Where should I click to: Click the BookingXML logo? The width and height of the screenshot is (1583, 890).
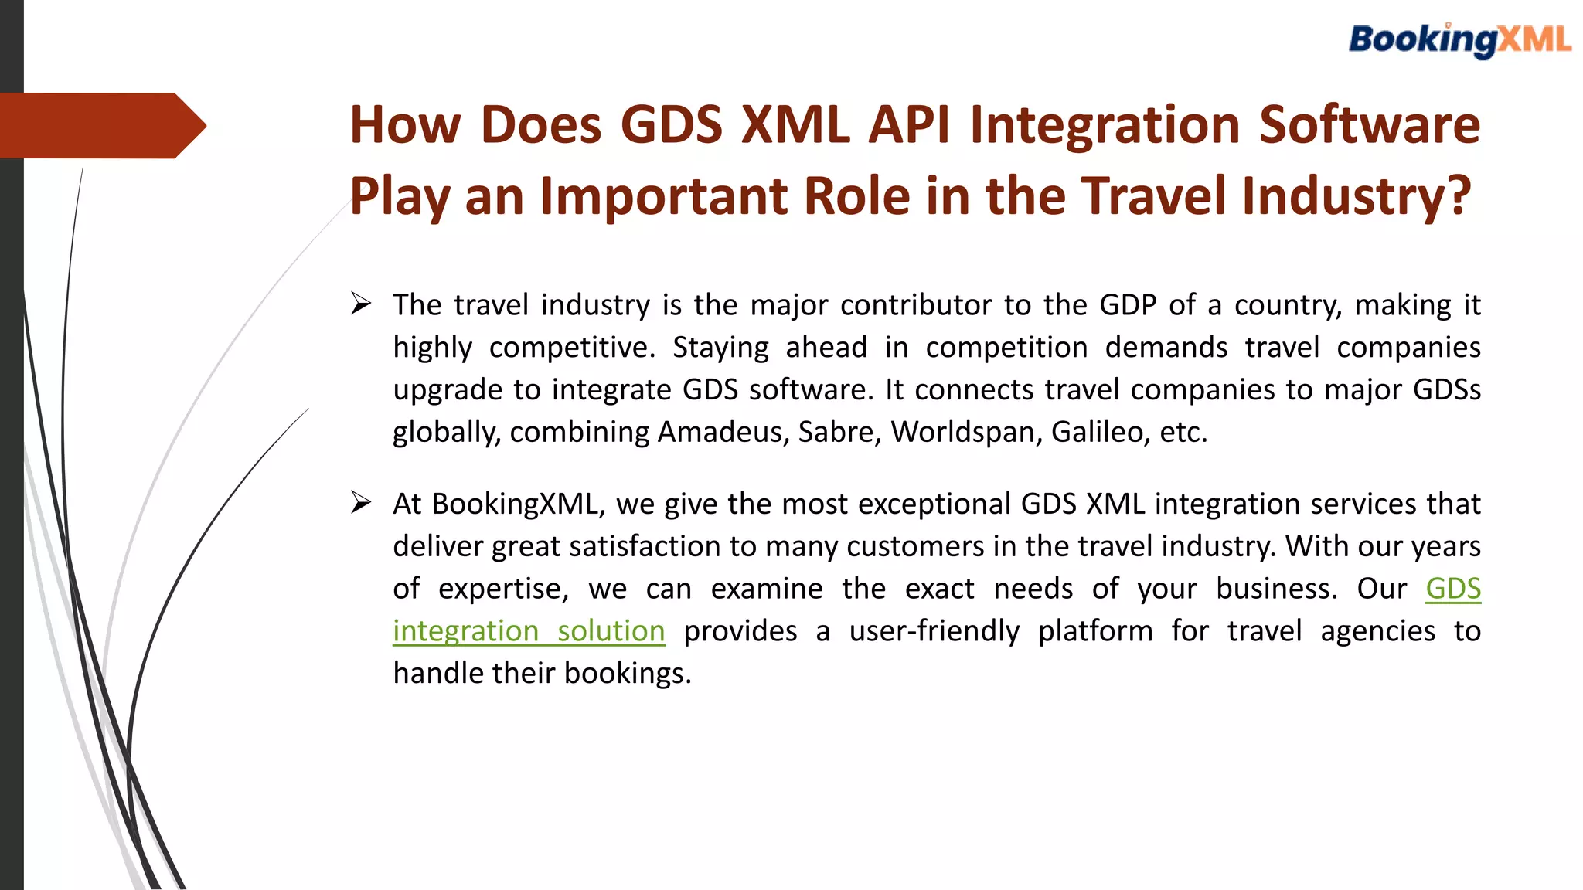click(1459, 40)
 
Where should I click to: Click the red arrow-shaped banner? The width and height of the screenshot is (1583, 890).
click(100, 125)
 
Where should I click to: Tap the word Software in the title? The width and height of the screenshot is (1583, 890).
click(1369, 124)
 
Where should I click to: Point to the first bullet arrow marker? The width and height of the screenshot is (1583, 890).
click(360, 304)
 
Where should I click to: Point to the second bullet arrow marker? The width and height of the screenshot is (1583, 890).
click(360, 503)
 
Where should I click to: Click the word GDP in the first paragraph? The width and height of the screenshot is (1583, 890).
click(1128, 305)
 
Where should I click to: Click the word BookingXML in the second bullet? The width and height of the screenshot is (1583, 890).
click(518, 504)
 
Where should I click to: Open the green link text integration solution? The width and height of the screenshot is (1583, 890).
click(529, 631)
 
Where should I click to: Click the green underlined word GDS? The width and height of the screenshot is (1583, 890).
click(1453, 589)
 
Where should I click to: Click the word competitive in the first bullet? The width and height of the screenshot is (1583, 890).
click(571, 348)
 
